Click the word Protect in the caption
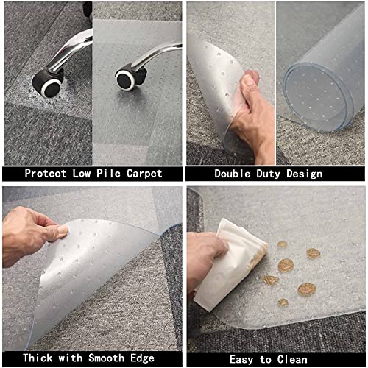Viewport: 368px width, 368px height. click(x=48, y=174)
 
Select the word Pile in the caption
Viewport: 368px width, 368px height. click(x=107, y=174)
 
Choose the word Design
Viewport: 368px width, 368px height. click(x=304, y=174)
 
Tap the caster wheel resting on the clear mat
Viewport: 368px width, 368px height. click(x=128, y=76)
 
